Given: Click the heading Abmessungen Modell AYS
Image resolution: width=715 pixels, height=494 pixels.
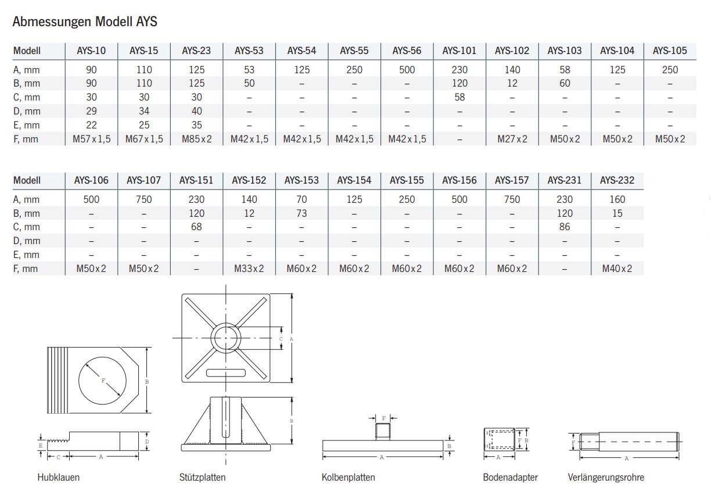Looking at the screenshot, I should click(85, 22).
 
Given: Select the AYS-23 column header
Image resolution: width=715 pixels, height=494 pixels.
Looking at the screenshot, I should click(196, 51).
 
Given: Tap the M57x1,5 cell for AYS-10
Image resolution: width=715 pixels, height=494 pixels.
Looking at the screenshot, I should click(91, 139).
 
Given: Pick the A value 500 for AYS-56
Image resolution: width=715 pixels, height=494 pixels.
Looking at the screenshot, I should click(407, 70).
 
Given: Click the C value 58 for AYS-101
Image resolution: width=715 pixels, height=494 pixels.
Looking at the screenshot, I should click(459, 97).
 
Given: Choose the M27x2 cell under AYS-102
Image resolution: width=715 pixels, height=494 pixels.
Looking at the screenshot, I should click(512, 139).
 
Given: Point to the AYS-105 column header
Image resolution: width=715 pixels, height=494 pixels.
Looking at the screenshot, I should click(670, 51).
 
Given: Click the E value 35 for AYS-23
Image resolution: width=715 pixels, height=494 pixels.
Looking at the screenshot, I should click(196, 125).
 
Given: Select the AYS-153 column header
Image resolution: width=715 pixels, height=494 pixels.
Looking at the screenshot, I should click(301, 180).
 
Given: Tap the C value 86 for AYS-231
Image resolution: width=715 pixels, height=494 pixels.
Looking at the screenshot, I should click(565, 227).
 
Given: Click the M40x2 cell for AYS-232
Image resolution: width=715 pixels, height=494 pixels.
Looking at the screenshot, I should click(617, 269).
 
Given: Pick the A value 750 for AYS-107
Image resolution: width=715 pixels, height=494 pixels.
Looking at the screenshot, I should click(143, 199).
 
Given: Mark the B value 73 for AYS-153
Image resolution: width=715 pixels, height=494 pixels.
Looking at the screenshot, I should click(301, 213).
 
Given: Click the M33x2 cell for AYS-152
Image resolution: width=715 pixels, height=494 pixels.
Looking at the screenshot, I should click(249, 269).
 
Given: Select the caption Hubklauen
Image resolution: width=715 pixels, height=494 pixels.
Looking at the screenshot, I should click(58, 477).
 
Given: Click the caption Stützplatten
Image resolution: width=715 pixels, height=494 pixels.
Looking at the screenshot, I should click(202, 477).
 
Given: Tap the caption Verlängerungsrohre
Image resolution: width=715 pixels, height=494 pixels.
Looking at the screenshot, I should click(606, 477).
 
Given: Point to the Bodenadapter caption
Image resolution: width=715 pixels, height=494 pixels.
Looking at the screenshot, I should click(510, 477).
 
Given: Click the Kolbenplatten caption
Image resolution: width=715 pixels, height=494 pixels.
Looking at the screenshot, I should click(348, 477).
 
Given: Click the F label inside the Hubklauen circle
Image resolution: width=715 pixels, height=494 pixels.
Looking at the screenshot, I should click(103, 381).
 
